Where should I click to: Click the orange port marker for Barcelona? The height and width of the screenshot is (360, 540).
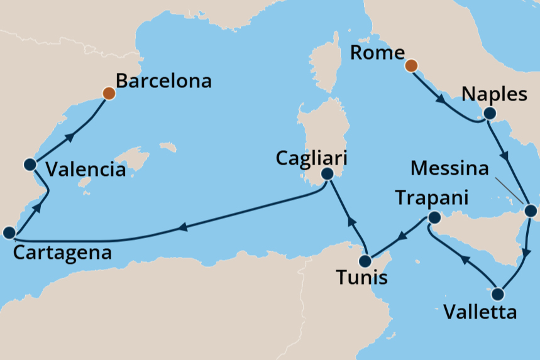tap(109, 94)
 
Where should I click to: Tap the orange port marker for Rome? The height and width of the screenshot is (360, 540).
tap(411, 65)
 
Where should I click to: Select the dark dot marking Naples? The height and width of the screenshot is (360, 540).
tap(490, 114)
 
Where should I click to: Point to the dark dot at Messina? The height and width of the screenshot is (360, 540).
tap(531, 210)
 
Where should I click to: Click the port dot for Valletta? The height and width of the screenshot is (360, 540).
tap(499, 293)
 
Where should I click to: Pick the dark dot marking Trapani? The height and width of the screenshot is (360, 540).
tap(433, 218)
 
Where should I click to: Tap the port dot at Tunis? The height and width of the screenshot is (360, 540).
tap(365, 261)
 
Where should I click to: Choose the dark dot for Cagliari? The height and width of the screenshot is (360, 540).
tap(327, 173)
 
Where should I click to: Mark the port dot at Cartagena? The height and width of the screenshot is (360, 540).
tap(9, 233)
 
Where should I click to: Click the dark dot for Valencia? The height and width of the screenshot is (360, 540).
tap(29, 165)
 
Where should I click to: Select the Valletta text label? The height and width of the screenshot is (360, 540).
tap(480, 312)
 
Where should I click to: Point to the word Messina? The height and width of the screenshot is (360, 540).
tap(448, 168)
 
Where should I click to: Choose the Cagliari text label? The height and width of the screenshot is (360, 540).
tap(311, 157)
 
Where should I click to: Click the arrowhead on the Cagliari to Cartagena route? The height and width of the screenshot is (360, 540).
tap(183, 227)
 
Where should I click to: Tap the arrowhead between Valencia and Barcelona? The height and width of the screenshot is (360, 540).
tap(70, 137)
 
